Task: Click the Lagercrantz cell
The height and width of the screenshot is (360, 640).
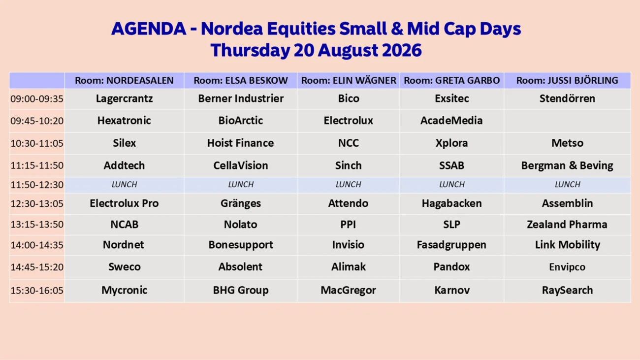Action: coord(124,98)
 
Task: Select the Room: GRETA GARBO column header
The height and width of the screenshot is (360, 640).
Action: coord(452,80)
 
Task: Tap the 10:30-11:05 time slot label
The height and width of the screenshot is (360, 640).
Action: coord(37,143)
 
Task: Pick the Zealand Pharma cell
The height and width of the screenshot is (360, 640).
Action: coord(567,225)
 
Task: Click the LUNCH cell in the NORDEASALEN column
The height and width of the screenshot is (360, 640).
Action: coord(124,185)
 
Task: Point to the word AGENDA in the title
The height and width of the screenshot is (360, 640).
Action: coord(149,29)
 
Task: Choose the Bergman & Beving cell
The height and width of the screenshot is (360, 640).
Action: coord(567,165)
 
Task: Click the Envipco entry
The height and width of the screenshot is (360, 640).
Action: coord(567,267)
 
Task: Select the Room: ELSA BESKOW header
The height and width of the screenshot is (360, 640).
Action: coord(241,80)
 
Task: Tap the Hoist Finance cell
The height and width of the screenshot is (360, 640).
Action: coord(241,143)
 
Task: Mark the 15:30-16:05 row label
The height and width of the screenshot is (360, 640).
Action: coord(37,291)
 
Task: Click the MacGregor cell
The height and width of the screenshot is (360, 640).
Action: coord(348,290)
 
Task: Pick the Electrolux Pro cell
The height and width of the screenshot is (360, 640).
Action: coord(124,203)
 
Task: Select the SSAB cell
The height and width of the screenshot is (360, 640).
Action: coord(452,165)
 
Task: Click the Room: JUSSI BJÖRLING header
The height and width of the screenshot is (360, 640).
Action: coord(567,80)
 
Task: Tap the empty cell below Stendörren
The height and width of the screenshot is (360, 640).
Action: coord(567,121)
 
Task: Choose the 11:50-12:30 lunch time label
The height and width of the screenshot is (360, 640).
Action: coord(37,185)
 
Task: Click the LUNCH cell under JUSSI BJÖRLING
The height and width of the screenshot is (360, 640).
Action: coord(568,185)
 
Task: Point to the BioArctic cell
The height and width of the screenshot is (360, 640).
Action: coord(241,121)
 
